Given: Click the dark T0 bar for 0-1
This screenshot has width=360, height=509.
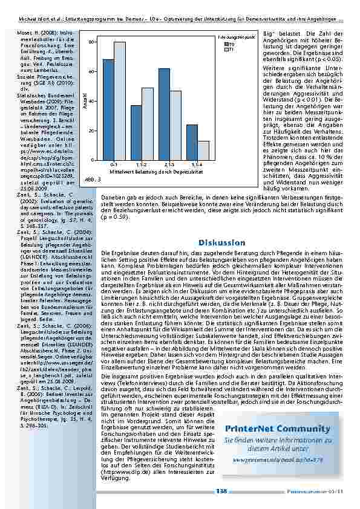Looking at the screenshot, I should tap(108, 109).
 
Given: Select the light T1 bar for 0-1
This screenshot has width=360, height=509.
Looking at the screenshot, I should tap(119, 101).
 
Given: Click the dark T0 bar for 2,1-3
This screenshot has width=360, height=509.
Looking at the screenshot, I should tap(164, 114).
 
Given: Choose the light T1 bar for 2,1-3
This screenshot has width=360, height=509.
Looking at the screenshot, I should tap(175, 125).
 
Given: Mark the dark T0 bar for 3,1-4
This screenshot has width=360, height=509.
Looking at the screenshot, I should tap(192, 142).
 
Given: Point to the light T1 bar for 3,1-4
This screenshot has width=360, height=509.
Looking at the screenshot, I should tap(203, 151).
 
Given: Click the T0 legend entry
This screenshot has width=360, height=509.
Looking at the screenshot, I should tap(229, 44).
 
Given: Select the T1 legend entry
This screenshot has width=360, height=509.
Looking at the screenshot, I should tap(229, 49).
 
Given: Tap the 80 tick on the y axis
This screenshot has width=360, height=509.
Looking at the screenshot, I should tap(91, 42).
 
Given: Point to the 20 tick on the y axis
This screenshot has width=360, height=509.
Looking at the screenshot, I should tap(91, 131).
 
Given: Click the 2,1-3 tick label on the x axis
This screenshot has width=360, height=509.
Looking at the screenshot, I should tap(169, 164).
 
